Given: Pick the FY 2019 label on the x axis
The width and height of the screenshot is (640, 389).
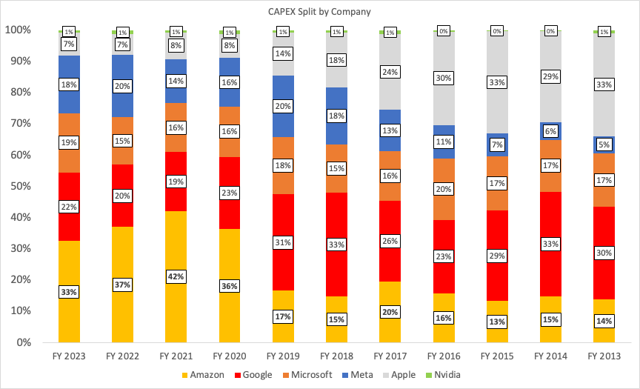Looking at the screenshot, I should pyautogui.click(x=282, y=356).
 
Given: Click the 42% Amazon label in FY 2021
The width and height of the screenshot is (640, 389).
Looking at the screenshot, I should pyautogui.click(x=176, y=276).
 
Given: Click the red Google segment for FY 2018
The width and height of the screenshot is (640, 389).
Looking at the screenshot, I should pyautogui.click(x=336, y=222).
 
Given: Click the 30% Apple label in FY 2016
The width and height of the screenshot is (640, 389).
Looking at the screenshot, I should pyautogui.click(x=443, y=78).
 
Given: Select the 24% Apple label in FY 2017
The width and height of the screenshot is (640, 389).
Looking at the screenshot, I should pyautogui.click(x=390, y=72).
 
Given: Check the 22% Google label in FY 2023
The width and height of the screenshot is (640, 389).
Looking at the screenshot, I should pyautogui.click(x=69, y=207).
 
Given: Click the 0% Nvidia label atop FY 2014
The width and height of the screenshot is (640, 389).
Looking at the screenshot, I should pyautogui.click(x=550, y=32).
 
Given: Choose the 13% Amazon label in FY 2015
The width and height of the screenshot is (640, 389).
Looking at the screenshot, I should pyautogui.click(x=497, y=322).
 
